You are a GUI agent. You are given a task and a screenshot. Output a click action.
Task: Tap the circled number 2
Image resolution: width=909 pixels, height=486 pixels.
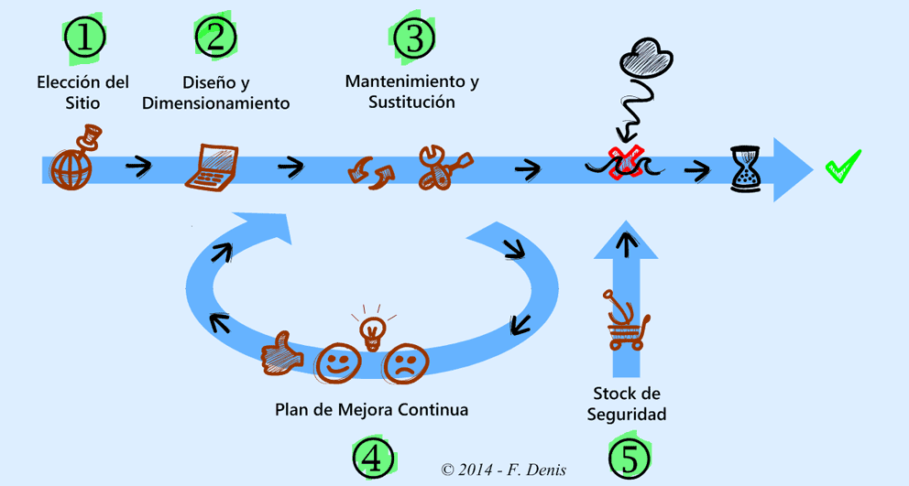tap(216, 37)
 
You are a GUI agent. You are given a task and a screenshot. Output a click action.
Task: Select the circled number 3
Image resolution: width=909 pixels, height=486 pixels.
tap(414, 38)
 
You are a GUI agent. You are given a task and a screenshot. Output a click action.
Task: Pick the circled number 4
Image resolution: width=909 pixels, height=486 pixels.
tap(374, 455)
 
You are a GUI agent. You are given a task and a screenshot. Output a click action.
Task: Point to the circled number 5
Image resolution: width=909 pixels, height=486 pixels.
tap(629, 456)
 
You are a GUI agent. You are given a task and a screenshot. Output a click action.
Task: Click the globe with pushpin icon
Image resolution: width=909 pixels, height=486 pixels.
tap(74, 162)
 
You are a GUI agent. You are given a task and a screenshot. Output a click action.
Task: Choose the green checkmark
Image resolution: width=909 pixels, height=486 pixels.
tap(843, 167)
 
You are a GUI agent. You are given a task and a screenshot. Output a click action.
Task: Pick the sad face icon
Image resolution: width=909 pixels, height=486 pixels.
tap(400, 363)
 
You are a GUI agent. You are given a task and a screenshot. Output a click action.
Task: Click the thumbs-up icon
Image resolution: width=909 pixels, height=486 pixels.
tap(281, 354)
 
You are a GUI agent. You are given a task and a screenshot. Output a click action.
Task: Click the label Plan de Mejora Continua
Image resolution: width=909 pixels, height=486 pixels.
tap(371, 409)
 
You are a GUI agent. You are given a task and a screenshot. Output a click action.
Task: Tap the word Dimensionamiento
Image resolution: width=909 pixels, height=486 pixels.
tap(216, 103)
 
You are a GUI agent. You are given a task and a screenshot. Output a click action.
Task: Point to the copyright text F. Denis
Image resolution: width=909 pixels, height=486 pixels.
tap(503, 470)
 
